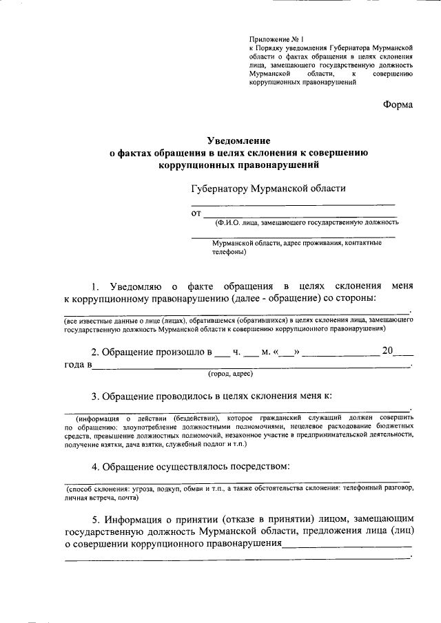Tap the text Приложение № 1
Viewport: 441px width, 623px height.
pos(276,40)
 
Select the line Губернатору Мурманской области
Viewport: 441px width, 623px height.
pos(269,188)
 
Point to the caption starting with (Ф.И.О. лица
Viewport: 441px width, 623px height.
pos(306,222)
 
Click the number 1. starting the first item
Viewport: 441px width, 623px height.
pos(96,286)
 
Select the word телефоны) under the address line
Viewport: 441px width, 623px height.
pos(228,252)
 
